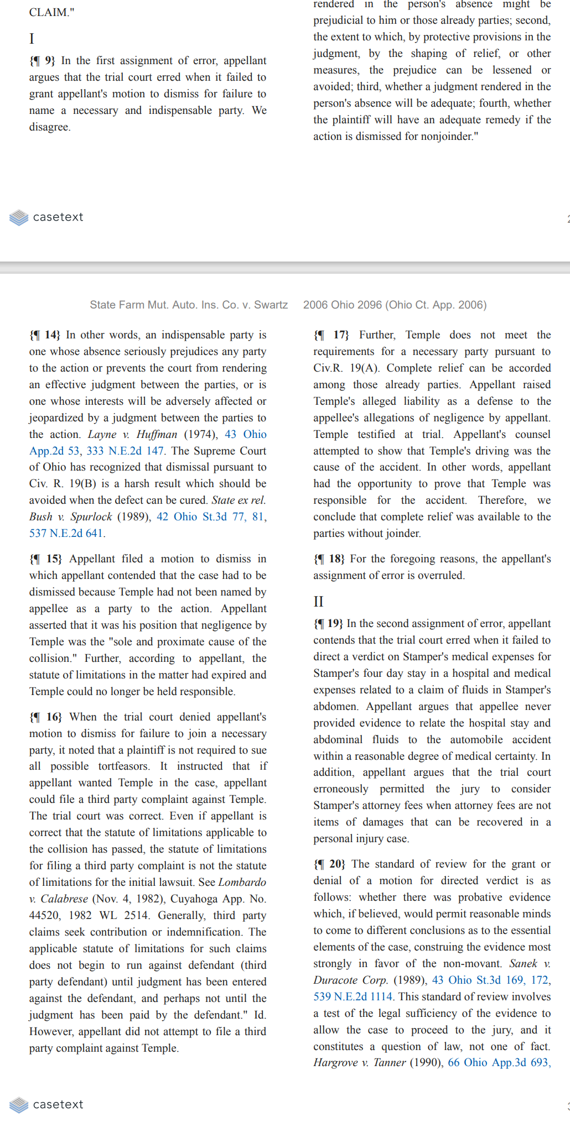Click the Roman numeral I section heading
pyautogui.click(x=32, y=39)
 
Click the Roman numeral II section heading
pyautogui.click(x=318, y=601)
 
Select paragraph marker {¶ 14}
pyautogui.click(x=45, y=335)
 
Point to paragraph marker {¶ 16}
pyautogui.click(x=45, y=717)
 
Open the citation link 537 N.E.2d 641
pyautogui.click(x=66, y=534)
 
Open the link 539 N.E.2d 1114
pyautogui.click(x=353, y=997)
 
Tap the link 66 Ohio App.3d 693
pyautogui.click(x=498, y=1063)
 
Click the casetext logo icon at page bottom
pyautogui.click(x=19, y=1105)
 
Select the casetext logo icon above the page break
pyautogui.click(x=19, y=217)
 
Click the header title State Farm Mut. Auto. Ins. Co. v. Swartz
pyautogui.click(x=189, y=305)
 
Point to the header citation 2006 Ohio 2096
pyautogui.click(x=343, y=305)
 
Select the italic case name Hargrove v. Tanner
pyautogui.click(x=359, y=1063)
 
